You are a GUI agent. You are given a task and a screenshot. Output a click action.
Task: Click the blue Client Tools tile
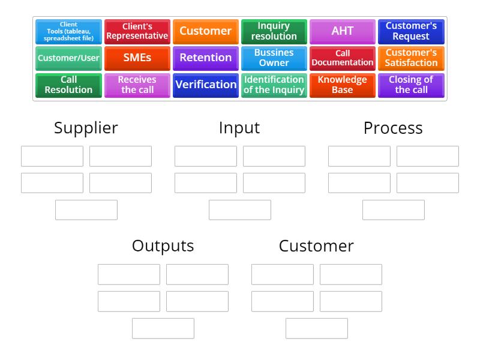point(68,31)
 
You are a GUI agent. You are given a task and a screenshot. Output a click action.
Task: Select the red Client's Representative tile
point(137,31)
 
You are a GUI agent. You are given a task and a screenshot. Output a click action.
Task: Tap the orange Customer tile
point(206,31)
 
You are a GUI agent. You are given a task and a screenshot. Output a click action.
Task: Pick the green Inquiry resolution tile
point(274,31)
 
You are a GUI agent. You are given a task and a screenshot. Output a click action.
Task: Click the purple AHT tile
point(343,31)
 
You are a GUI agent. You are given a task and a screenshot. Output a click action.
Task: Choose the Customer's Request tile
point(411,31)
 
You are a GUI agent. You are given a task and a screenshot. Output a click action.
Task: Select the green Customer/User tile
point(68,58)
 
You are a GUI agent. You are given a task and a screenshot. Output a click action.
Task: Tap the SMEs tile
point(137,58)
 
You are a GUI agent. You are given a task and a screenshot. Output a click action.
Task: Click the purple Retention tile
point(206,58)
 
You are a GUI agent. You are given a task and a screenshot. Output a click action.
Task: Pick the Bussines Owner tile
point(274,58)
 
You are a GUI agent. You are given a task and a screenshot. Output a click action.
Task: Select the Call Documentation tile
point(343,58)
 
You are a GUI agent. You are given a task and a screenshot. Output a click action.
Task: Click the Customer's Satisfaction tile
point(411,58)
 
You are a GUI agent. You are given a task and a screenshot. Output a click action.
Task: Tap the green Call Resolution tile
point(68,85)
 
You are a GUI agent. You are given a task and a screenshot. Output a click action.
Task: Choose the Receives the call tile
point(137,85)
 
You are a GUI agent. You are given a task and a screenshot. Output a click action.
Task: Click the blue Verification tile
point(206,85)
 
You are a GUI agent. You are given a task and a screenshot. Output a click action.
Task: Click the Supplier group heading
point(86,128)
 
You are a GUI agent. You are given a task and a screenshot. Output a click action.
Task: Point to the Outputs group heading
point(163,246)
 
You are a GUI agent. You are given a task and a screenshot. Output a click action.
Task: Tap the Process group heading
point(393,128)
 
